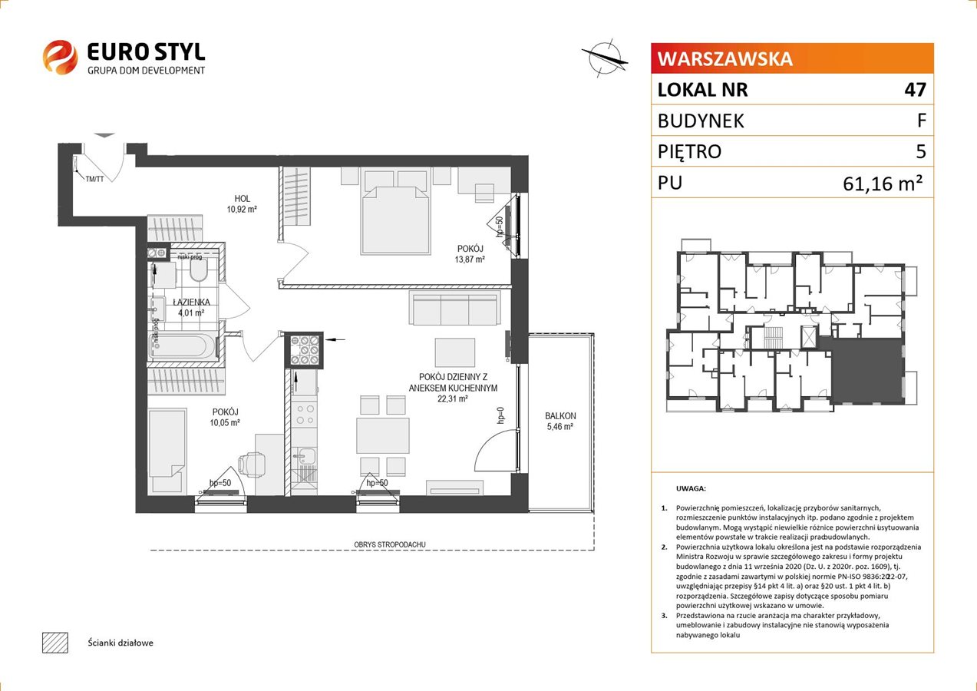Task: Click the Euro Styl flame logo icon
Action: click(x=60, y=57)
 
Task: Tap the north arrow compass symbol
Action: click(x=605, y=58)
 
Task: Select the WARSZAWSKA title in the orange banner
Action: click(x=724, y=59)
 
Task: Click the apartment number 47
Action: click(x=915, y=89)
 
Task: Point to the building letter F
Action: click(x=921, y=121)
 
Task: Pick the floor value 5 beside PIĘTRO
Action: click(x=921, y=151)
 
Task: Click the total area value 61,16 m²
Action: click(x=883, y=183)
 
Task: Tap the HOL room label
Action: click(x=242, y=199)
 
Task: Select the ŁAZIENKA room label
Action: click(x=191, y=302)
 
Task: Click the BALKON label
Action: click(x=560, y=416)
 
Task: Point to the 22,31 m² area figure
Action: click(x=453, y=398)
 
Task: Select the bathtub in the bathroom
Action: click(x=183, y=346)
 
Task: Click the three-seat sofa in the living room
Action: click(x=454, y=309)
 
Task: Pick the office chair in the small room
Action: click(x=253, y=465)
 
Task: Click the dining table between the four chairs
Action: click(x=382, y=435)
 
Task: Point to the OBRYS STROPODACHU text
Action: click(x=389, y=544)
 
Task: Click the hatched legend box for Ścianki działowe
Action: click(x=55, y=643)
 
